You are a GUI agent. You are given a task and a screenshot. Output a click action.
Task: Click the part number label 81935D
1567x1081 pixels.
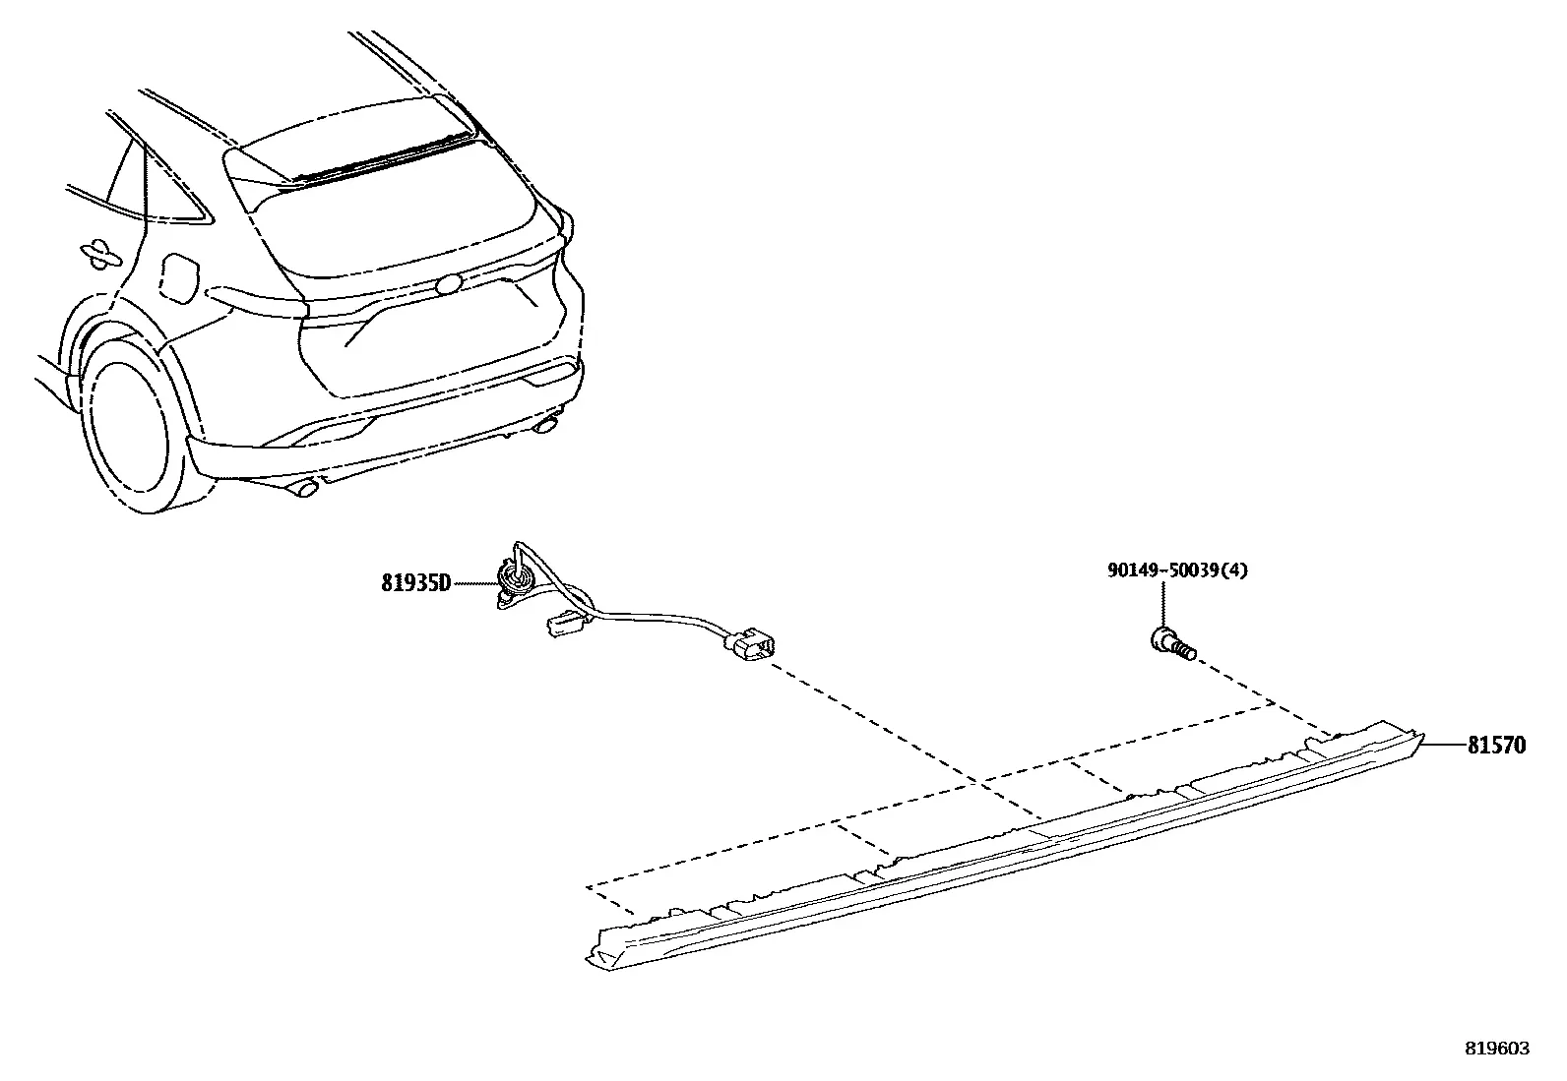pos(415,583)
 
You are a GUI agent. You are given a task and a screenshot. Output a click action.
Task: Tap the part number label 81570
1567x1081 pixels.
pos(1496,746)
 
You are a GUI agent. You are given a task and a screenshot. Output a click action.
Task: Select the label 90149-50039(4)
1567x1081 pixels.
pos(1177,570)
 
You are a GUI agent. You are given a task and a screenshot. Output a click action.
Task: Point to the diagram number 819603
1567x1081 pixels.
pos(1497,1049)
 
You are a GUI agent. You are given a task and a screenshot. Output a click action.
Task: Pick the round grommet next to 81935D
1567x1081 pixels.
pos(515,580)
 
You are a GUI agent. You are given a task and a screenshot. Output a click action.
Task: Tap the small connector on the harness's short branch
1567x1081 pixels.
pos(564,625)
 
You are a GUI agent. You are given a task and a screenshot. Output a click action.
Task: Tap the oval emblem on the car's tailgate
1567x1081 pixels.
pos(448,285)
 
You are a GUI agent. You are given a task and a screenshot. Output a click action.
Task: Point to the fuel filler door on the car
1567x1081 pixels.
pos(180,279)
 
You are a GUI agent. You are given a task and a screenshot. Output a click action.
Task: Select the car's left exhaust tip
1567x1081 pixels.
pos(305,487)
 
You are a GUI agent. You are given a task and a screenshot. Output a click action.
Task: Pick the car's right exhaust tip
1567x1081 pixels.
pos(545,423)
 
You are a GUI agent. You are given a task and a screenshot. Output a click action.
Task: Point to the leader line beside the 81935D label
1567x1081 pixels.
pos(474,583)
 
